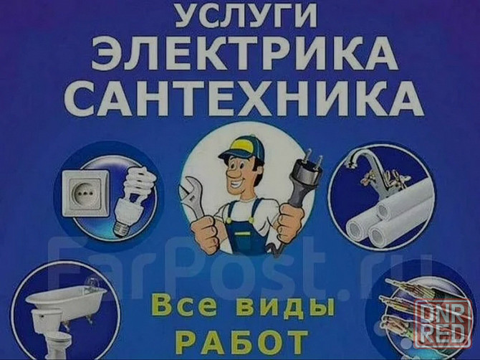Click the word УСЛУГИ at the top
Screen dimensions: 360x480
tap(240, 16)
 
